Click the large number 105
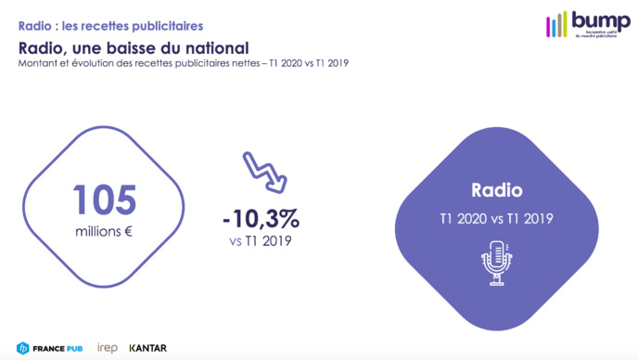point(106,200)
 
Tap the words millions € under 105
point(104,231)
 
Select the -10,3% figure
point(261,219)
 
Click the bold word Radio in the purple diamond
point(496,191)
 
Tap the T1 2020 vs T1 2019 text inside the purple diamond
point(496,218)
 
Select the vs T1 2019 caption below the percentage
point(261,241)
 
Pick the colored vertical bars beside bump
point(556,24)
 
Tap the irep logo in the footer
point(107,348)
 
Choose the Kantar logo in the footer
point(148,348)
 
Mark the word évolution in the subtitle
point(89,63)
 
